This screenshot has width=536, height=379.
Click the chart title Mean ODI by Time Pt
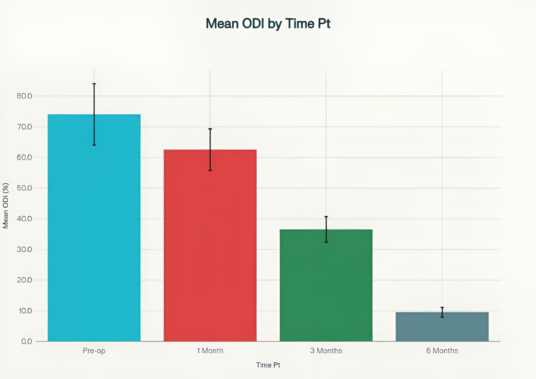click(268, 24)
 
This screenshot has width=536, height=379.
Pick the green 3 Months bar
click(326, 285)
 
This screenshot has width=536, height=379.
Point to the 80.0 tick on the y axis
click(24, 96)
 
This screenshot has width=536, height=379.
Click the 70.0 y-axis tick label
click(24, 127)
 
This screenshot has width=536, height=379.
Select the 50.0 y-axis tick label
click(24, 188)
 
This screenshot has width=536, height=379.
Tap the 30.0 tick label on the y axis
click(24, 249)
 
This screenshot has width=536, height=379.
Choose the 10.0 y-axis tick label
click(25, 311)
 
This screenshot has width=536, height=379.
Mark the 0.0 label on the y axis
click(27, 341)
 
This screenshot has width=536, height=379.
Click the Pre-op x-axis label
click(94, 351)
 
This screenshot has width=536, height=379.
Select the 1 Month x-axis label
click(210, 351)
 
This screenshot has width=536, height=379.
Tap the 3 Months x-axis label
click(326, 351)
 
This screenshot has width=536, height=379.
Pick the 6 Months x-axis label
click(442, 351)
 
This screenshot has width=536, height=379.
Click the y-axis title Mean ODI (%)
click(6, 205)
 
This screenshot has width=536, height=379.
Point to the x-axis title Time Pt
click(268, 365)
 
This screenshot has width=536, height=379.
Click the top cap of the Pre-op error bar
click(94, 84)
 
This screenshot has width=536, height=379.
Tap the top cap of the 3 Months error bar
click(326, 216)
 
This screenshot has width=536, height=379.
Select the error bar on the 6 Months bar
click(442, 312)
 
